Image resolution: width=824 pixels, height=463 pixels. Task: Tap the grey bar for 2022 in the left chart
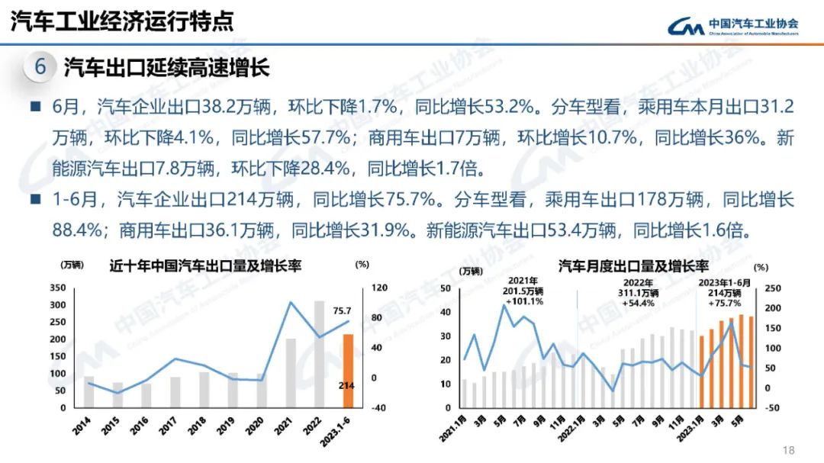pos(320,354)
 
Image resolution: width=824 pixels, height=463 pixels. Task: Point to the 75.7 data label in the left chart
pos(342,310)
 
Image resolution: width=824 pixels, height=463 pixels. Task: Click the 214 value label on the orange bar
pos(347,386)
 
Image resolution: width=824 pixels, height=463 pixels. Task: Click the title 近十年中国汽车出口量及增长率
pos(204,266)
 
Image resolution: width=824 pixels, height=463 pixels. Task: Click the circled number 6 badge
pos(40,67)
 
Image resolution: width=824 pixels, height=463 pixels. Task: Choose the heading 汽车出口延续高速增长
pos(167,68)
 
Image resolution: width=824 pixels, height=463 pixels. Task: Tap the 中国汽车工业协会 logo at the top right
pos(734,27)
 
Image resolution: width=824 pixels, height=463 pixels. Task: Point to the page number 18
pos(789,450)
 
